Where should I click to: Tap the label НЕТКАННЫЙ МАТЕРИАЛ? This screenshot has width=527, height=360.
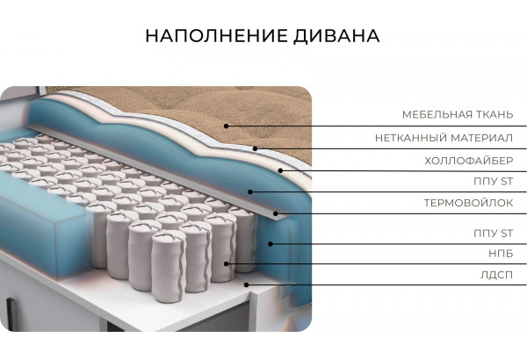[x=443, y=138]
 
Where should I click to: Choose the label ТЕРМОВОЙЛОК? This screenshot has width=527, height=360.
[x=467, y=203]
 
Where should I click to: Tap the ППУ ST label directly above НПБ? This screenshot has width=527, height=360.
[x=492, y=233]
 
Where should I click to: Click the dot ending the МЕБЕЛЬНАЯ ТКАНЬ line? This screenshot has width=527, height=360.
[x=226, y=126]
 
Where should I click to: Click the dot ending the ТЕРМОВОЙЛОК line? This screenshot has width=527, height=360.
[x=276, y=213]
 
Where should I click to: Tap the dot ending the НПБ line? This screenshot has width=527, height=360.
[x=227, y=263]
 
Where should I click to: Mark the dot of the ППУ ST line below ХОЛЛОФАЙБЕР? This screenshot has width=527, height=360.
[x=250, y=191]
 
